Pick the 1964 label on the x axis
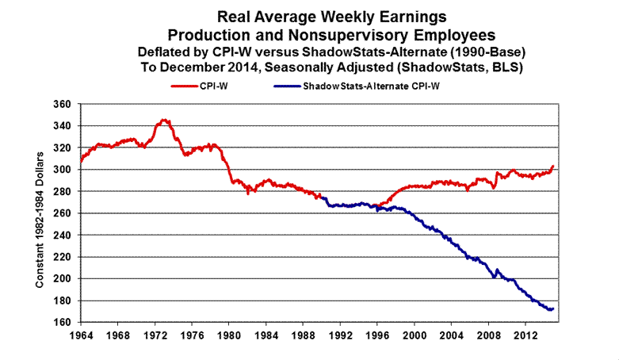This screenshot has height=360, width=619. coord(80,335)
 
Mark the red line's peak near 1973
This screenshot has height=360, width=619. coord(164,120)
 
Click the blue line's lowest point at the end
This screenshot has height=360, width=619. coord(548,309)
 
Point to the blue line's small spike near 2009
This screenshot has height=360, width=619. coord(498,270)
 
